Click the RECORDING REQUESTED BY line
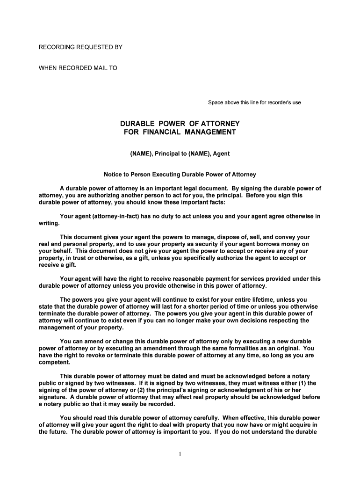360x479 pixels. click(80, 48)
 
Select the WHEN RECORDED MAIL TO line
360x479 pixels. click(78, 68)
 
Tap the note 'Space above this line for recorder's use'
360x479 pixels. click(254, 103)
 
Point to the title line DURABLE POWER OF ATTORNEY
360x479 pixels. click(180, 124)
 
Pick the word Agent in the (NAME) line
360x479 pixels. click(221, 153)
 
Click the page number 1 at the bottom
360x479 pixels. click(180, 456)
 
